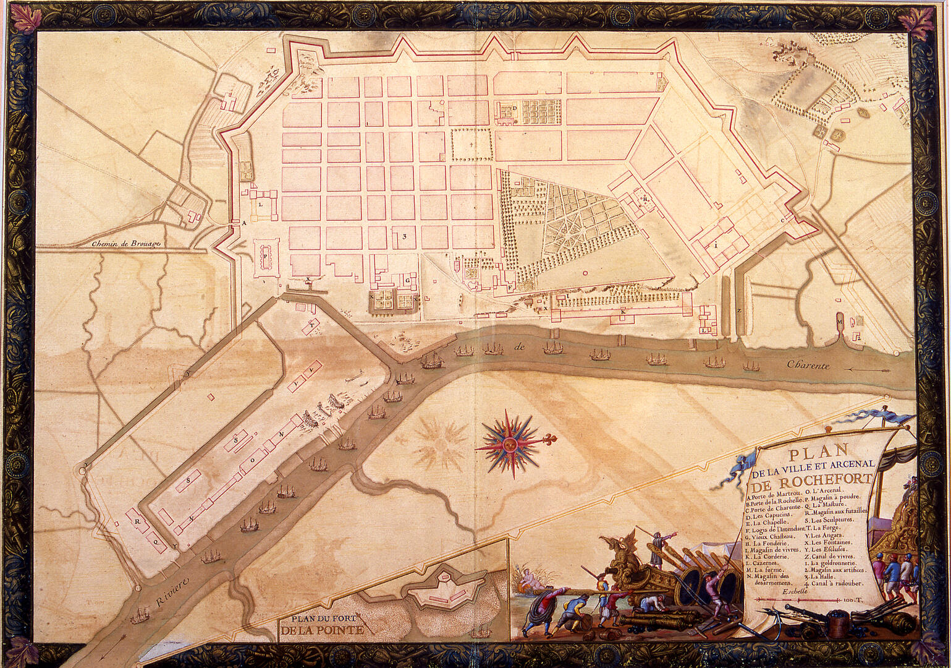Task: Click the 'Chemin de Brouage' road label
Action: tap(126, 244)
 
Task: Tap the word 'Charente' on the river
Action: tap(808, 366)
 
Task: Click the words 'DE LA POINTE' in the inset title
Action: tap(321, 631)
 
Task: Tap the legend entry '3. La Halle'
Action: tap(827, 576)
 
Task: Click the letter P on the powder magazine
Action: tap(266, 255)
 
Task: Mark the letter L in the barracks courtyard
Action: tap(261, 203)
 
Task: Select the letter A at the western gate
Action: tap(243, 221)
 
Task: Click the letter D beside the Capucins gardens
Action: tap(514, 108)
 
